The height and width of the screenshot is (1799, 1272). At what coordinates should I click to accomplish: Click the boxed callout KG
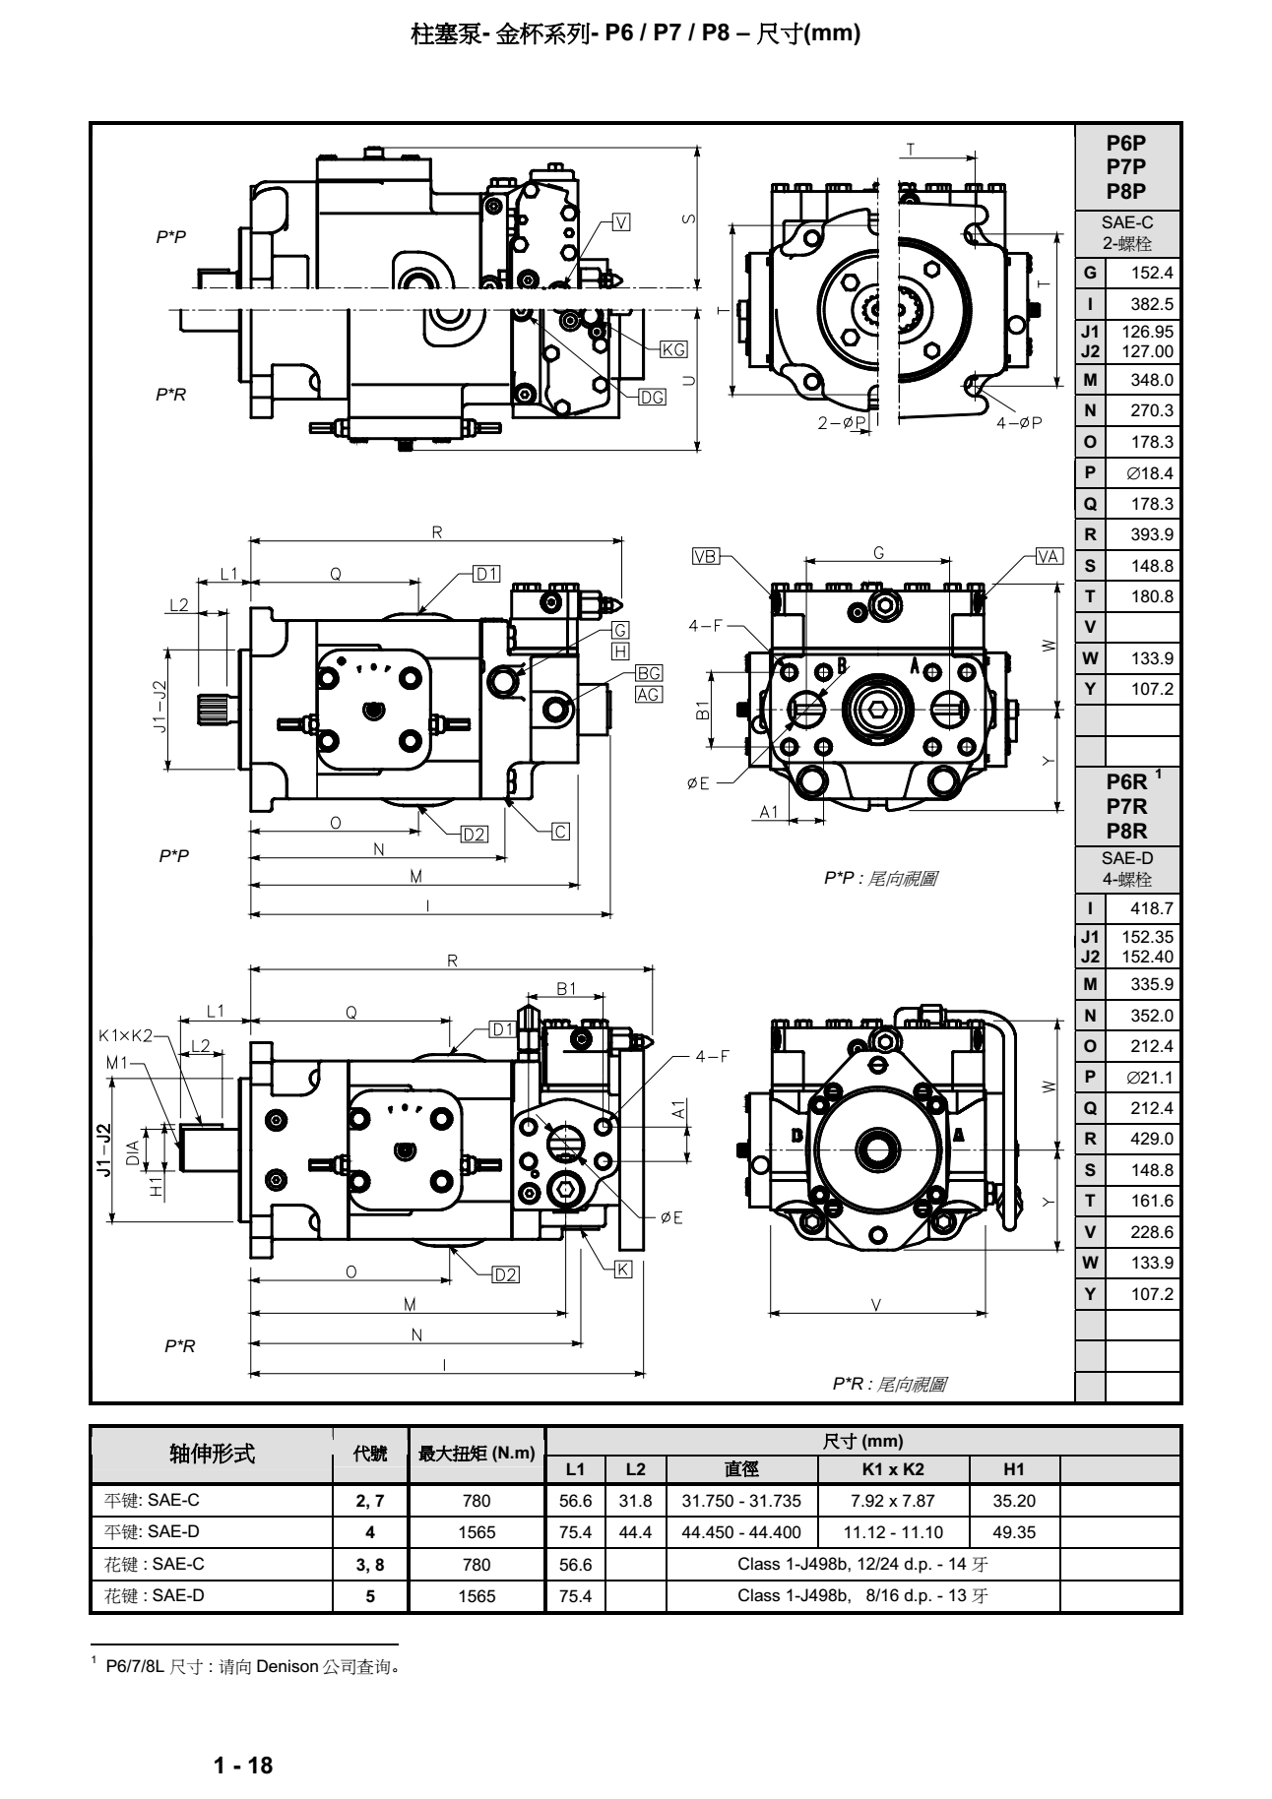click(x=673, y=349)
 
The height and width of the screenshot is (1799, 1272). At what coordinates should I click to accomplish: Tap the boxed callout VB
click(x=705, y=556)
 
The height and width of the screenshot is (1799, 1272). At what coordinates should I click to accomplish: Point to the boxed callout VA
click(x=1049, y=556)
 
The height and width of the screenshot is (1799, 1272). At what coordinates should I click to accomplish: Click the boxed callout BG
click(x=648, y=673)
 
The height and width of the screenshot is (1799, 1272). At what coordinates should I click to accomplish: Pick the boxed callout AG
click(x=648, y=694)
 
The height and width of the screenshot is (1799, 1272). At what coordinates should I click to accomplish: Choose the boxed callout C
click(x=560, y=832)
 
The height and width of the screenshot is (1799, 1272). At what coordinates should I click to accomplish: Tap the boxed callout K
click(x=623, y=1270)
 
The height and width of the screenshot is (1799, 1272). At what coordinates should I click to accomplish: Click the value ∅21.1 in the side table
click(x=1150, y=1078)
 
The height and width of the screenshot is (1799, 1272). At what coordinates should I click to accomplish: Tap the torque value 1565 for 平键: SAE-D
click(x=477, y=1532)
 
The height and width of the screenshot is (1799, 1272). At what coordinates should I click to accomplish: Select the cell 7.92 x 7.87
click(x=893, y=1501)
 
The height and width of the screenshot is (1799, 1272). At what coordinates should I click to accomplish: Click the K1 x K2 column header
click(x=893, y=1469)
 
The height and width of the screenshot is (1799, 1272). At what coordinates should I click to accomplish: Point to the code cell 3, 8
click(x=370, y=1564)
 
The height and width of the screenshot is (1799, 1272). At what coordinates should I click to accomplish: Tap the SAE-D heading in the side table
click(x=1127, y=858)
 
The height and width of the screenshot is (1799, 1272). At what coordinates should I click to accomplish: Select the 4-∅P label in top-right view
click(x=1019, y=422)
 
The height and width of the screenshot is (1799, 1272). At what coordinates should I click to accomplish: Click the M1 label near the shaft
click(x=117, y=1063)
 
